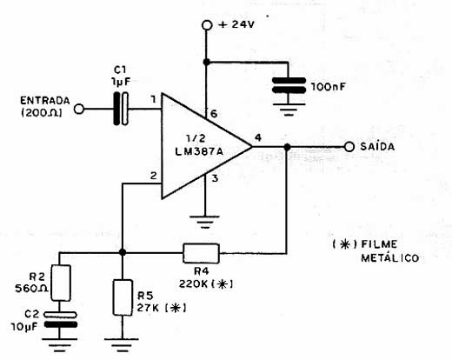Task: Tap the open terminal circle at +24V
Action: pyautogui.click(x=207, y=26)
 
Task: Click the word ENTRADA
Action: pyautogui.click(x=43, y=101)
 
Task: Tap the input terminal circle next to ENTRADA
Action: pyautogui.click(x=80, y=110)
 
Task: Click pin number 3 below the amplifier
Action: pyautogui.click(x=216, y=178)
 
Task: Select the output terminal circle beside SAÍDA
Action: pyautogui.click(x=349, y=148)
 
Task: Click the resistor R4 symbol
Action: pyautogui.click(x=202, y=253)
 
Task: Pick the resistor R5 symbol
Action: pyautogui.click(x=123, y=298)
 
